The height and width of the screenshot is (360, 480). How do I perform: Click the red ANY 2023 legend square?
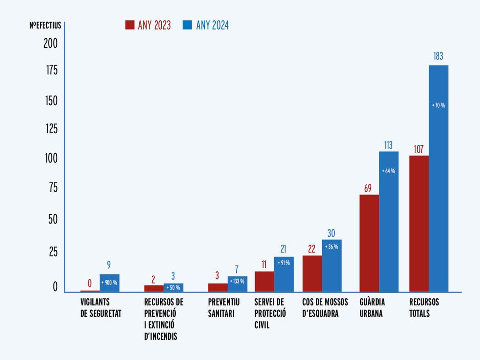(x=130, y=25)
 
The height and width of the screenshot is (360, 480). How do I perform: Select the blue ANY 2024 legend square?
(x=187, y=25)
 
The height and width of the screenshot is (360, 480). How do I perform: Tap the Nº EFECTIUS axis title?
(x=45, y=25)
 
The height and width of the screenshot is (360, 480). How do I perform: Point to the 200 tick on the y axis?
(x=51, y=44)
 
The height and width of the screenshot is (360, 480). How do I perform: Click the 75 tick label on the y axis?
(x=53, y=187)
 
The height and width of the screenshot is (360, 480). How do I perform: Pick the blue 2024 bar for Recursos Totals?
(x=438, y=179)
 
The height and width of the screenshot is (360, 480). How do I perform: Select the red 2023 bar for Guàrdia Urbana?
(x=369, y=243)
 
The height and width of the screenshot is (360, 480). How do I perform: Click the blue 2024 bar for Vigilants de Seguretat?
(x=110, y=283)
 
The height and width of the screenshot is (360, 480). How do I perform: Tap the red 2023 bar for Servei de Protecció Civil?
(x=264, y=282)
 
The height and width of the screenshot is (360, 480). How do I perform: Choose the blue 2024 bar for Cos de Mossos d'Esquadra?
(x=332, y=266)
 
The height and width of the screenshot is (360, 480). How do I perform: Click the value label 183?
(x=438, y=56)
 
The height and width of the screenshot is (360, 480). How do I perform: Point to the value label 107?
(x=419, y=149)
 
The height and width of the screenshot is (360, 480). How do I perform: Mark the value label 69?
(x=367, y=188)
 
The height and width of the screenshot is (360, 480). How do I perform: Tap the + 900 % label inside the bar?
(x=109, y=283)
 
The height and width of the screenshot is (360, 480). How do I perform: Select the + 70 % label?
(x=438, y=105)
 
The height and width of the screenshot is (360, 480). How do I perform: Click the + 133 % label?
(x=237, y=281)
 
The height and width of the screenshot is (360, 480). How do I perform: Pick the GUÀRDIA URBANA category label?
(x=372, y=307)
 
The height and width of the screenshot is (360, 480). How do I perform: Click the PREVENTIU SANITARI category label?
(x=224, y=307)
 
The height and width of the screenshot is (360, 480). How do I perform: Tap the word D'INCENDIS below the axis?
(x=161, y=337)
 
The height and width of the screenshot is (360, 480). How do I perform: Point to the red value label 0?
(x=90, y=284)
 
